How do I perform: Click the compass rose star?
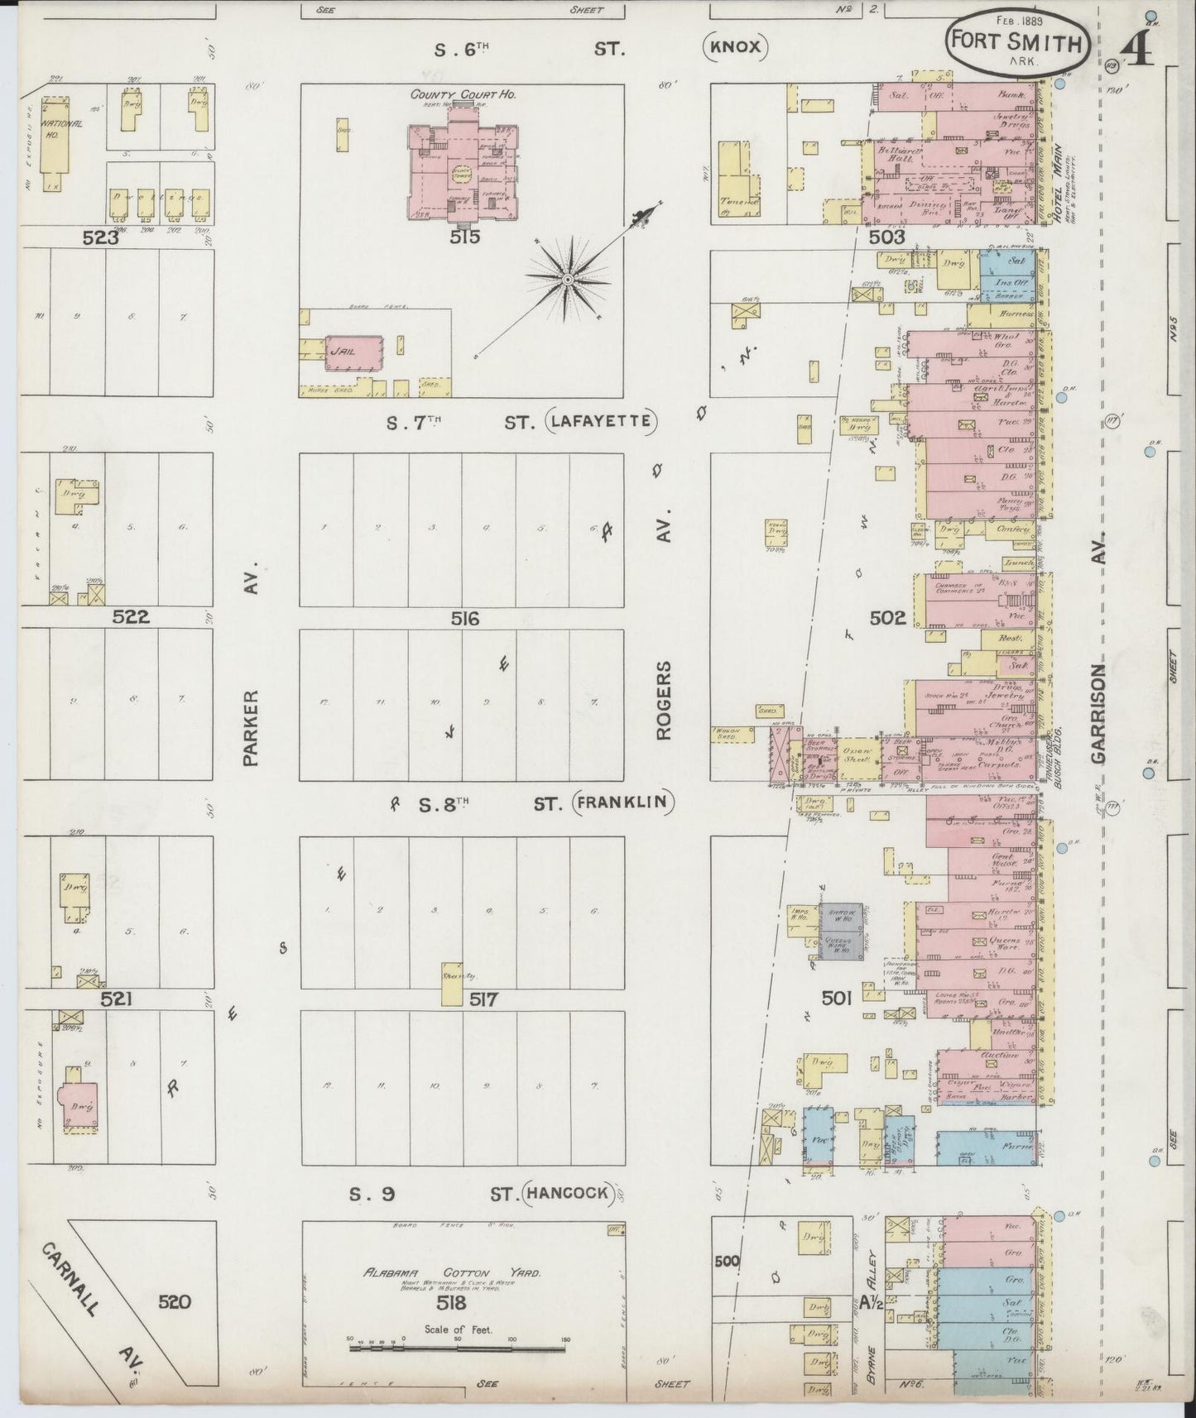(568, 281)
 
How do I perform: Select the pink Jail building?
(355, 352)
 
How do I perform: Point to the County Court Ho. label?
(464, 95)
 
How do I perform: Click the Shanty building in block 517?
(451, 984)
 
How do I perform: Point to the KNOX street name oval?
(736, 47)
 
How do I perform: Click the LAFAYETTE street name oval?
(602, 423)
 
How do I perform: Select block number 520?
(175, 1302)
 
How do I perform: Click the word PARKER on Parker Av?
(252, 728)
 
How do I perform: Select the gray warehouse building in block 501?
(840, 931)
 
